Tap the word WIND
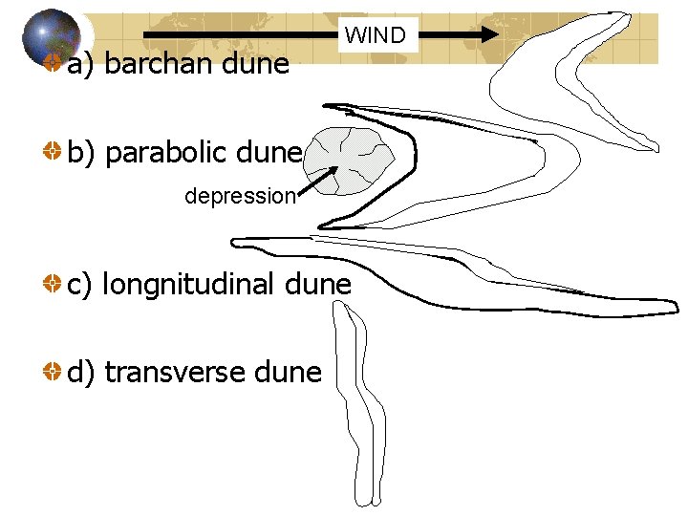coord(376,36)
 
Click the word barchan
coord(153,64)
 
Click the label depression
coord(240,197)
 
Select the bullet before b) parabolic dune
coord(53,152)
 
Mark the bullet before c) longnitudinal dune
coord(53,284)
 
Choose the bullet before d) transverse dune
coord(53,372)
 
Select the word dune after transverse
coord(288,372)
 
